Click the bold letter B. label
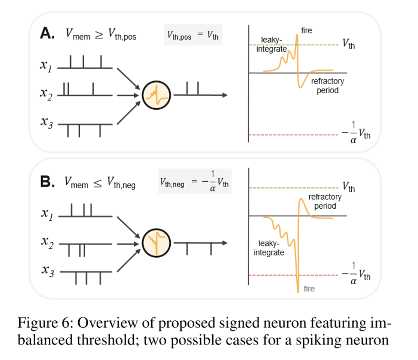pos(49,181)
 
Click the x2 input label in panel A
pos(46,93)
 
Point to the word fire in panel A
pos(306,31)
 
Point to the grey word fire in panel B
pos(309,289)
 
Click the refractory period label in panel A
pos(327,86)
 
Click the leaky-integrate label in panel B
pos(269,248)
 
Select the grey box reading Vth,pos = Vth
pos(193,35)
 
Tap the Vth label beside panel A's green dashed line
pos(348,44)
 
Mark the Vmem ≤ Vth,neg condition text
pos(100,182)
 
